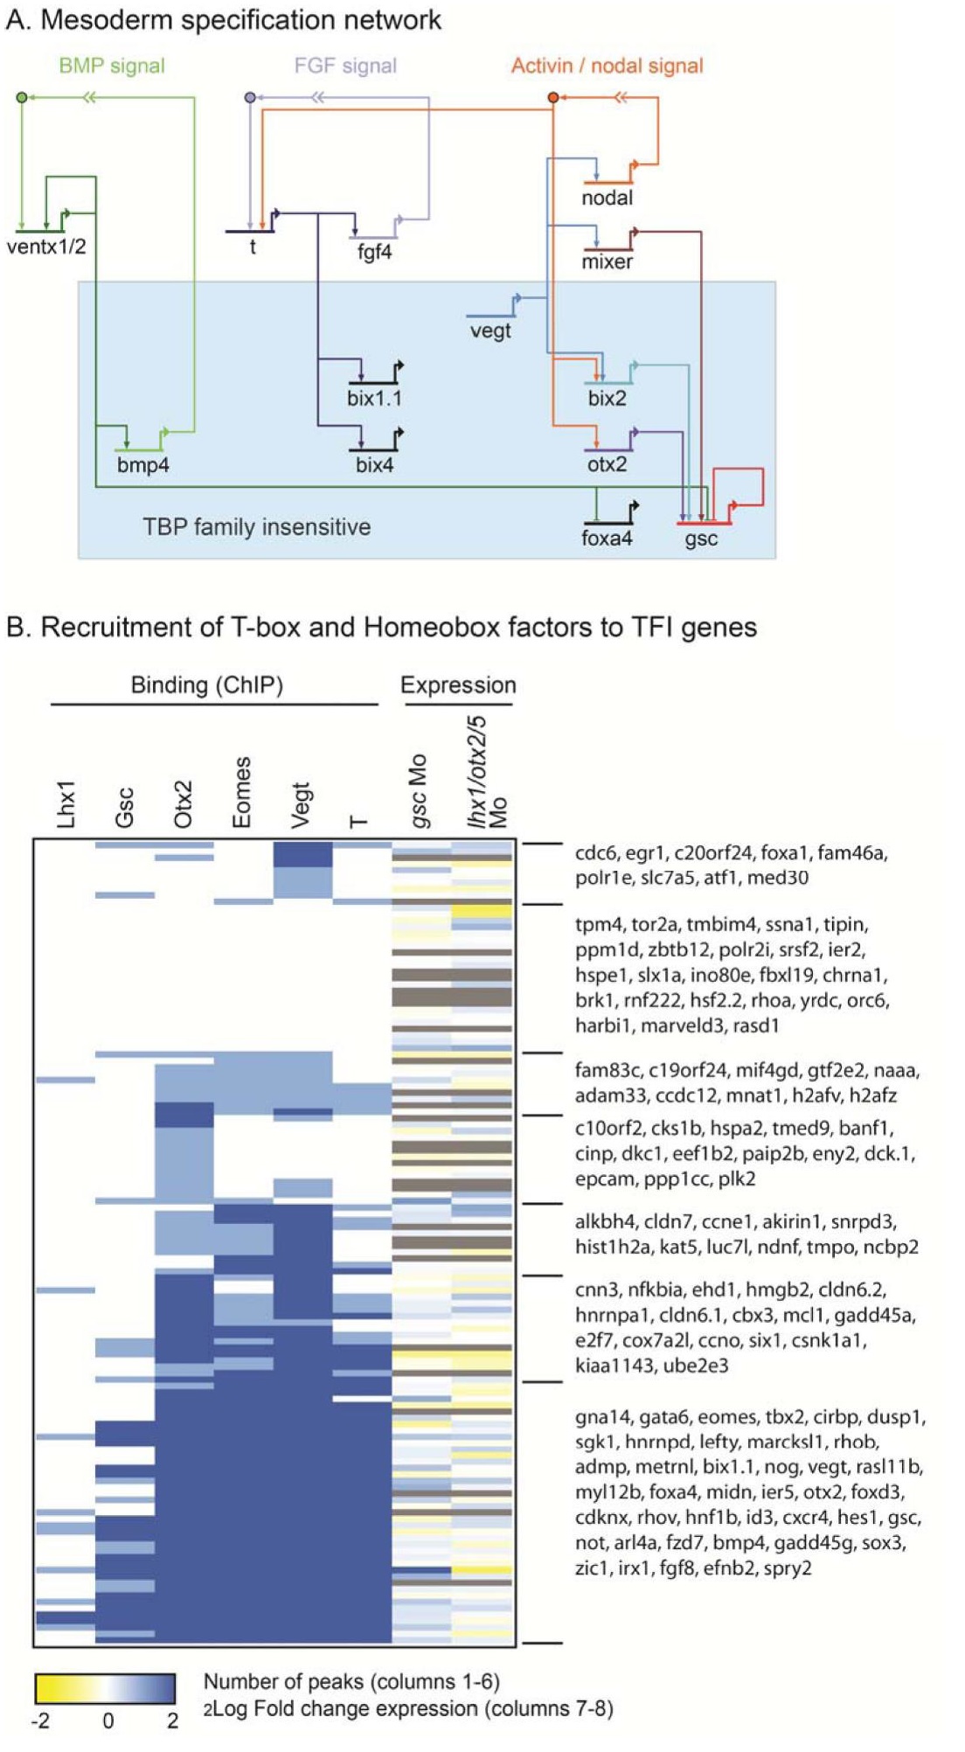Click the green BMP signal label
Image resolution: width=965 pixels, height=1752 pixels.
pos(112,66)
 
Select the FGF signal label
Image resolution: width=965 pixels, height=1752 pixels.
pos(345,66)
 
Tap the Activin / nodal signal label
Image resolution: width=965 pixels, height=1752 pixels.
pos(607,66)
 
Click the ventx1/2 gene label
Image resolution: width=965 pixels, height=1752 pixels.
pos(46,247)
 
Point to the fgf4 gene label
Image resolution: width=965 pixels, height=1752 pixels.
pos(374,252)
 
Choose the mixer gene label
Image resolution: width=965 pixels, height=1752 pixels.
pos(607,261)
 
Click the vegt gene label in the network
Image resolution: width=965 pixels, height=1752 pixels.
pos(489,330)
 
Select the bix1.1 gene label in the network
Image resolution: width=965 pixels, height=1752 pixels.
pos(374,399)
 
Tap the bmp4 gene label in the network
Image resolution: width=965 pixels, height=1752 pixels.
pos(143,465)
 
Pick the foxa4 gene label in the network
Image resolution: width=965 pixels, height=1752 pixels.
pos(607,539)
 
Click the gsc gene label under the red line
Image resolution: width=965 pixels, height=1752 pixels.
pos(701,539)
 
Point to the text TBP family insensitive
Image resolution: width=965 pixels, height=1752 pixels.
pos(256,526)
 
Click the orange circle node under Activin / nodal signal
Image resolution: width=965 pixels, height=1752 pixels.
pos(552,97)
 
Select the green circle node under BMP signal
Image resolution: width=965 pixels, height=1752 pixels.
pos(22,97)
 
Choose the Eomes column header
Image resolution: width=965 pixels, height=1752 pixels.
pos(241,791)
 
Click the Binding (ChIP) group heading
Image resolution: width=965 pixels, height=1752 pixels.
pos(207,685)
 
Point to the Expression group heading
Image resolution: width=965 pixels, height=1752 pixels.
pos(458,685)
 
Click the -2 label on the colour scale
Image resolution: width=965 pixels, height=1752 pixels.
pos(40,1721)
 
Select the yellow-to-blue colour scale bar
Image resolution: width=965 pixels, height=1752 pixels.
pos(105,1688)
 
